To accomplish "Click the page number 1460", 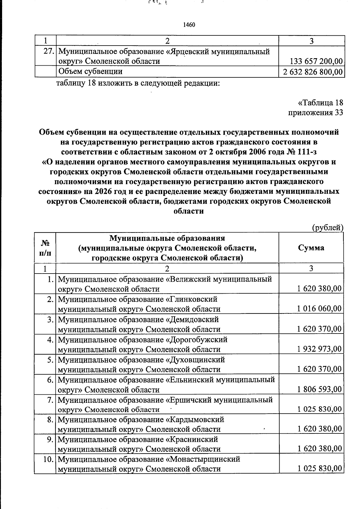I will point(189,25).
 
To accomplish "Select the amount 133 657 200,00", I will point(316,61).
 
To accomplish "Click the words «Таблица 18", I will point(320,103).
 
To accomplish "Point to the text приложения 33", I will point(315,112).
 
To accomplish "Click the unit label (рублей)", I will point(328,228).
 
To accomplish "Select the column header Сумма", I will point(311,248).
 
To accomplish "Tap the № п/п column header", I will point(45,248).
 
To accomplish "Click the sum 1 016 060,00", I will point(319,309).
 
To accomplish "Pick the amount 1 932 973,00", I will point(319,349).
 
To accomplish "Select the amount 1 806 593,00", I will point(319,389).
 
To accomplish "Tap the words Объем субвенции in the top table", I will point(90,72).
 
